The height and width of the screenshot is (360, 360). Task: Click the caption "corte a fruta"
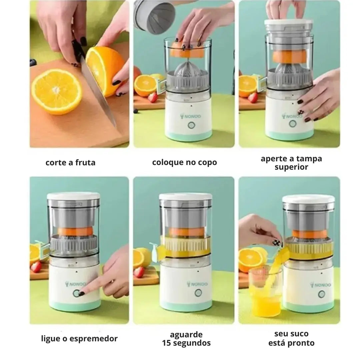(70, 163)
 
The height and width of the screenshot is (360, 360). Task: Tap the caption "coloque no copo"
(184, 162)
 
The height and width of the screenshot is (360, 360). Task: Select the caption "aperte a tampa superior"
(291, 163)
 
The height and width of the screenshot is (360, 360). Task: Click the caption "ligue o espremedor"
(79, 339)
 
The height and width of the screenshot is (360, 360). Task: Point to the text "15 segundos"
(186, 343)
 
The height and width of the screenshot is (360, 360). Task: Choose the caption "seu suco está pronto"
(291, 338)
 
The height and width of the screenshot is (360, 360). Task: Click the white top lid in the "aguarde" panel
(185, 197)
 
